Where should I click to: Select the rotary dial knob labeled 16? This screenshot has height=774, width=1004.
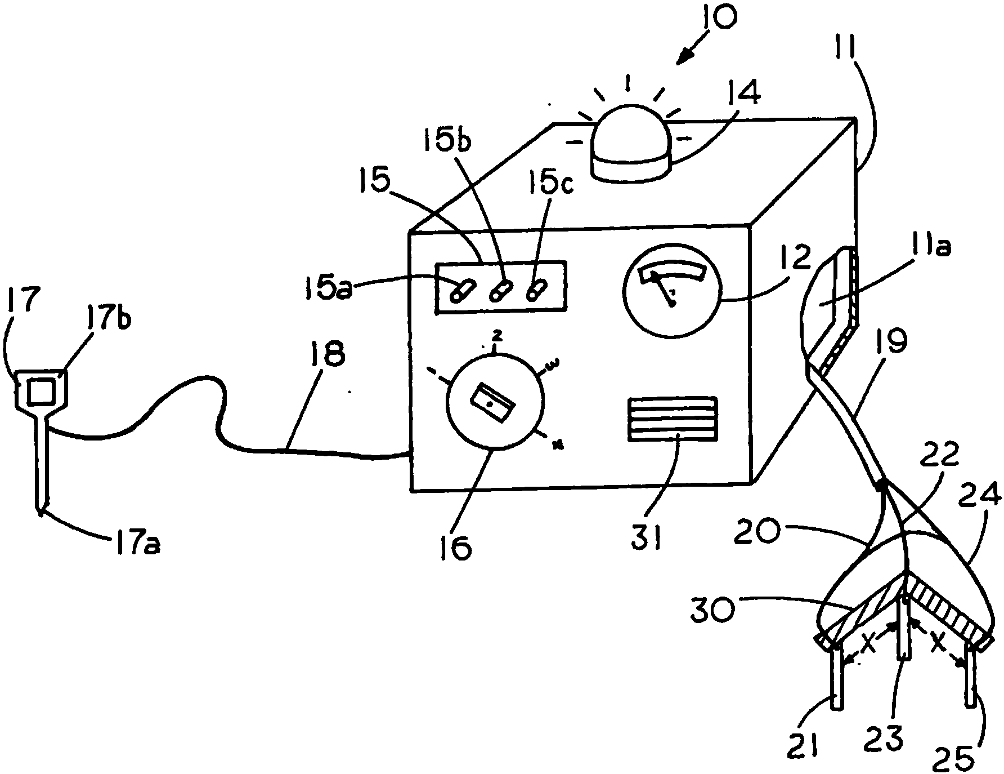tap(494, 402)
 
